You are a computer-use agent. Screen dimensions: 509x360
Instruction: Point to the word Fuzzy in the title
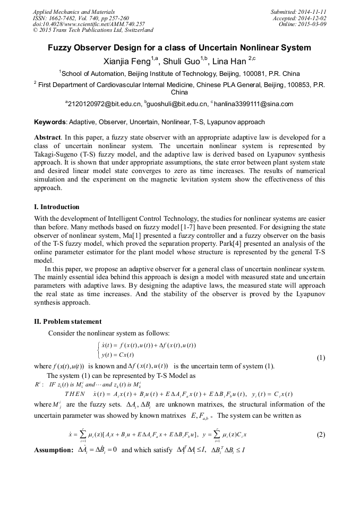(61, 48)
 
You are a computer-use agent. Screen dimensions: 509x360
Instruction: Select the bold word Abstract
(47, 137)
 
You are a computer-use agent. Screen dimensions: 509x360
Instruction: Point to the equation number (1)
(321, 357)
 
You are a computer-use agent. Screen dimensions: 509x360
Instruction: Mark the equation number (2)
(321, 435)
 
